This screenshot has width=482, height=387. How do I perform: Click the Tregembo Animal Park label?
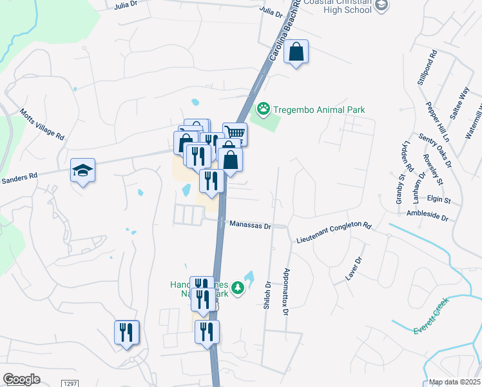pyautogui.click(x=319, y=110)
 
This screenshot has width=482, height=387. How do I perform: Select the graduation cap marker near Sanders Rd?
pyautogui.click(x=82, y=170)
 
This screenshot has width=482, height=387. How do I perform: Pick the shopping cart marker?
pyautogui.click(x=235, y=134)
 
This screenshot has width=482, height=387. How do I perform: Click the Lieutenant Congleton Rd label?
pyautogui.click(x=334, y=232)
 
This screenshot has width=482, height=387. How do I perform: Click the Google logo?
pyautogui.click(x=21, y=379)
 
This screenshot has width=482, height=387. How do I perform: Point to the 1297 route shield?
pyautogui.click(x=70, y=383)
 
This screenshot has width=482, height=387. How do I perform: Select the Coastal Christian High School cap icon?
pyautogui.click(x=381, y=5)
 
